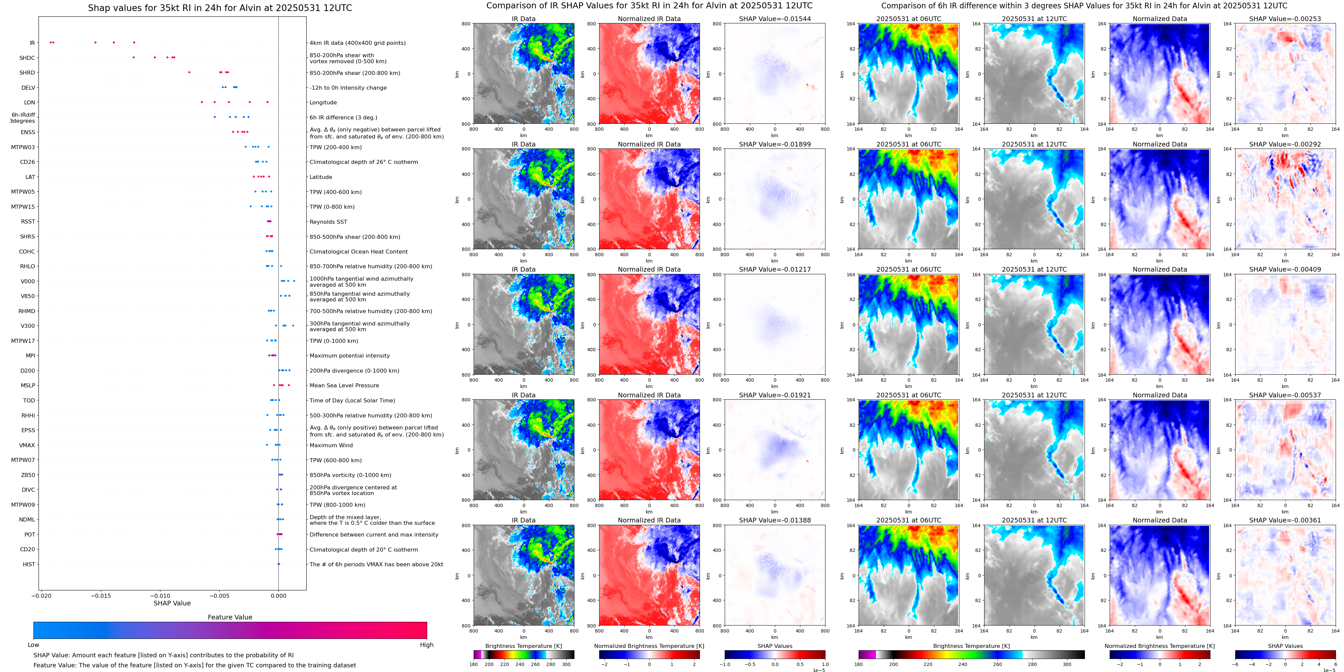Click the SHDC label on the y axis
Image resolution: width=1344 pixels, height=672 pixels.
point(27,58)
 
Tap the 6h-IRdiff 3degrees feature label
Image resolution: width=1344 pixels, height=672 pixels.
point(23,118)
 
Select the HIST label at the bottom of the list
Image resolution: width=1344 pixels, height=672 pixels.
point(29,564)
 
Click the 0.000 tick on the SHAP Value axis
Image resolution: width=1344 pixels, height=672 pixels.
point(278,595)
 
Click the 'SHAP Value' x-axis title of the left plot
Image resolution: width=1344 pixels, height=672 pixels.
point(172,603)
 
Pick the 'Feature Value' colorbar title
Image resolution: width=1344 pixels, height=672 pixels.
point(230,617)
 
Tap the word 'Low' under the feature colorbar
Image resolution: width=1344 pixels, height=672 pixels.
point(33,645)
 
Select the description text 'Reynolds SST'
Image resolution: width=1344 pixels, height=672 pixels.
point(328,221)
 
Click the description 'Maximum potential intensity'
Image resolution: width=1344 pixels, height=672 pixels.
point(349,356)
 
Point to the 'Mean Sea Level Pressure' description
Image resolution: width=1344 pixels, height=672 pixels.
point(344,385)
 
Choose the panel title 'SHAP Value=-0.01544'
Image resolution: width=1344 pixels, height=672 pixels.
point(775,19)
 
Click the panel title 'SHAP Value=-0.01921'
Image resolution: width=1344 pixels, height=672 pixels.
point(775,395)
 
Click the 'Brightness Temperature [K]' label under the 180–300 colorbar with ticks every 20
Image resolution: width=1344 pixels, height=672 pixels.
point(523,646)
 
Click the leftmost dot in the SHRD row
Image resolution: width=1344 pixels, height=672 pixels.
point(189,73)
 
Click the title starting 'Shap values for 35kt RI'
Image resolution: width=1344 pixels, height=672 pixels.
point(220,8)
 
